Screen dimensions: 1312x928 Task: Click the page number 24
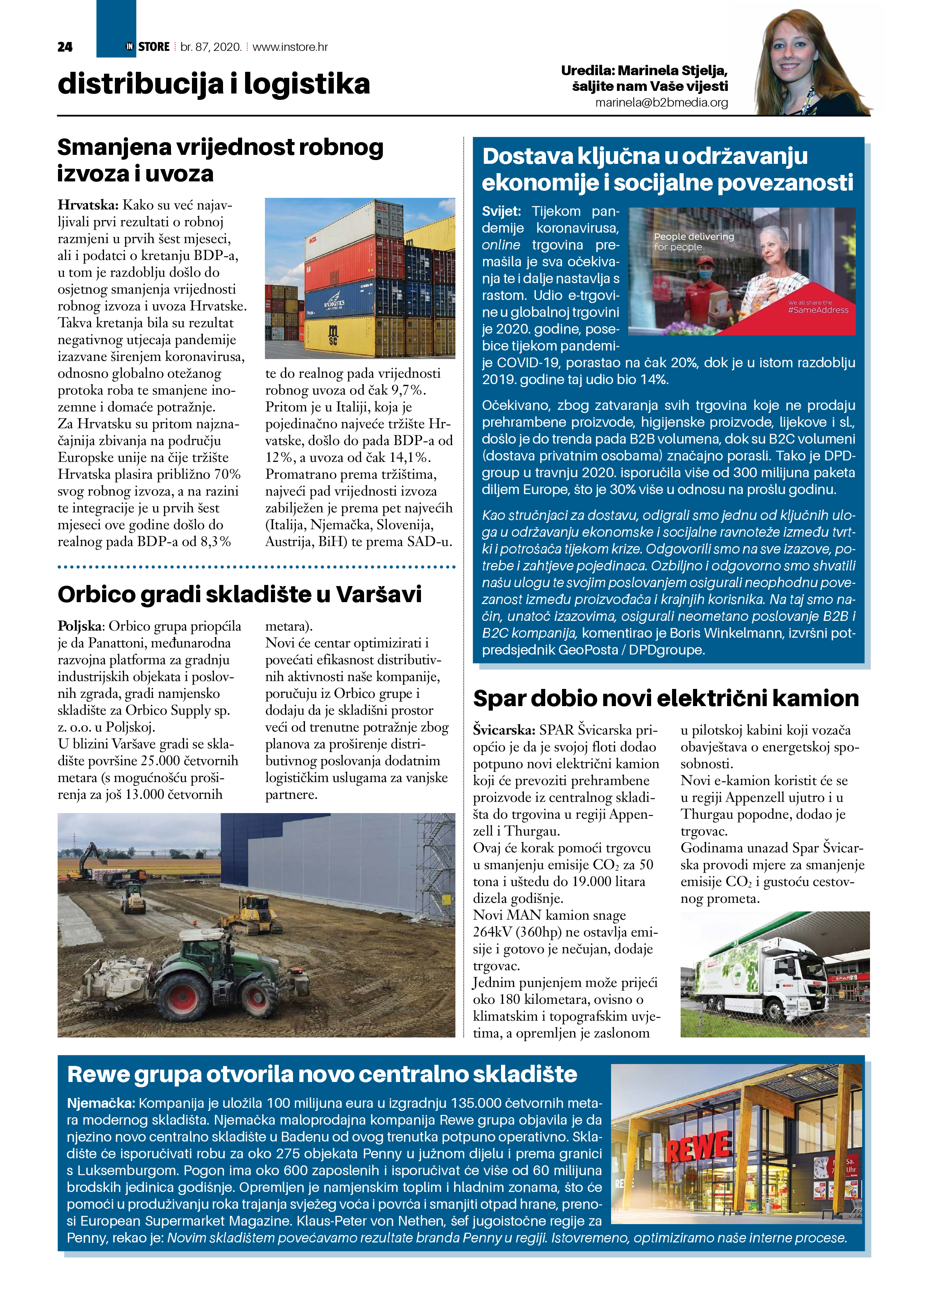pos(65,47)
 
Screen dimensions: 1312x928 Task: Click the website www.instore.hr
pos(290,47)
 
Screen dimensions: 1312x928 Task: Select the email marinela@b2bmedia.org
pos(662,103)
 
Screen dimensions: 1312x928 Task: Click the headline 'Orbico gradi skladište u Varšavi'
pos(239,594)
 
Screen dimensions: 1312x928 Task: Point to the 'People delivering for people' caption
pos(694,241)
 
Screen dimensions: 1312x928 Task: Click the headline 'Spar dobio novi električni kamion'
pos(666,698)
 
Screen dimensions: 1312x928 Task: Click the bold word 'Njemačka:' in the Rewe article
pos(101,1103)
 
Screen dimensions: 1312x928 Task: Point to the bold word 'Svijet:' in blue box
pos(501,211)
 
